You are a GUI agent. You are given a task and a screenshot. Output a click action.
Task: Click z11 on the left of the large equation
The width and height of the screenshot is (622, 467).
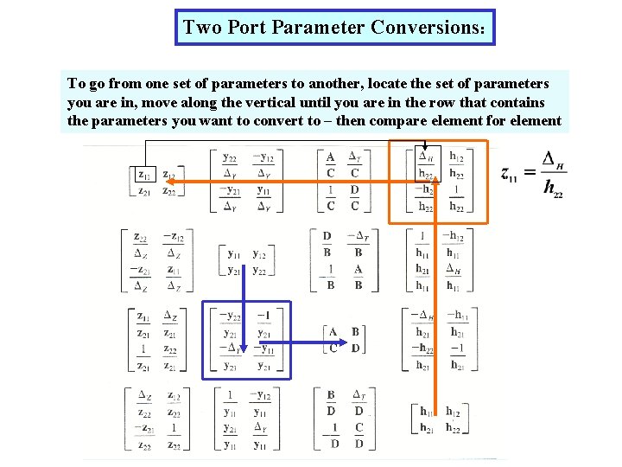click(511, 173)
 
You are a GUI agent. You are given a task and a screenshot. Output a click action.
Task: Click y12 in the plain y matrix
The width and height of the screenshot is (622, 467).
click(259, 254)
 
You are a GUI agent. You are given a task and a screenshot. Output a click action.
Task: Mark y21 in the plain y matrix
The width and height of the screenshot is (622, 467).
click(233, 271)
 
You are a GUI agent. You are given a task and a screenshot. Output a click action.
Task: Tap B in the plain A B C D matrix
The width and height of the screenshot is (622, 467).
click(355, 332)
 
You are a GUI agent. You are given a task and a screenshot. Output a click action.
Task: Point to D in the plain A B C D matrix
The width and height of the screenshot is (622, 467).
click(355, 349)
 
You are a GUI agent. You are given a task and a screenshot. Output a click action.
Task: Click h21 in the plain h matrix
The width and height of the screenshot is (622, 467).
click(427, 428)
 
